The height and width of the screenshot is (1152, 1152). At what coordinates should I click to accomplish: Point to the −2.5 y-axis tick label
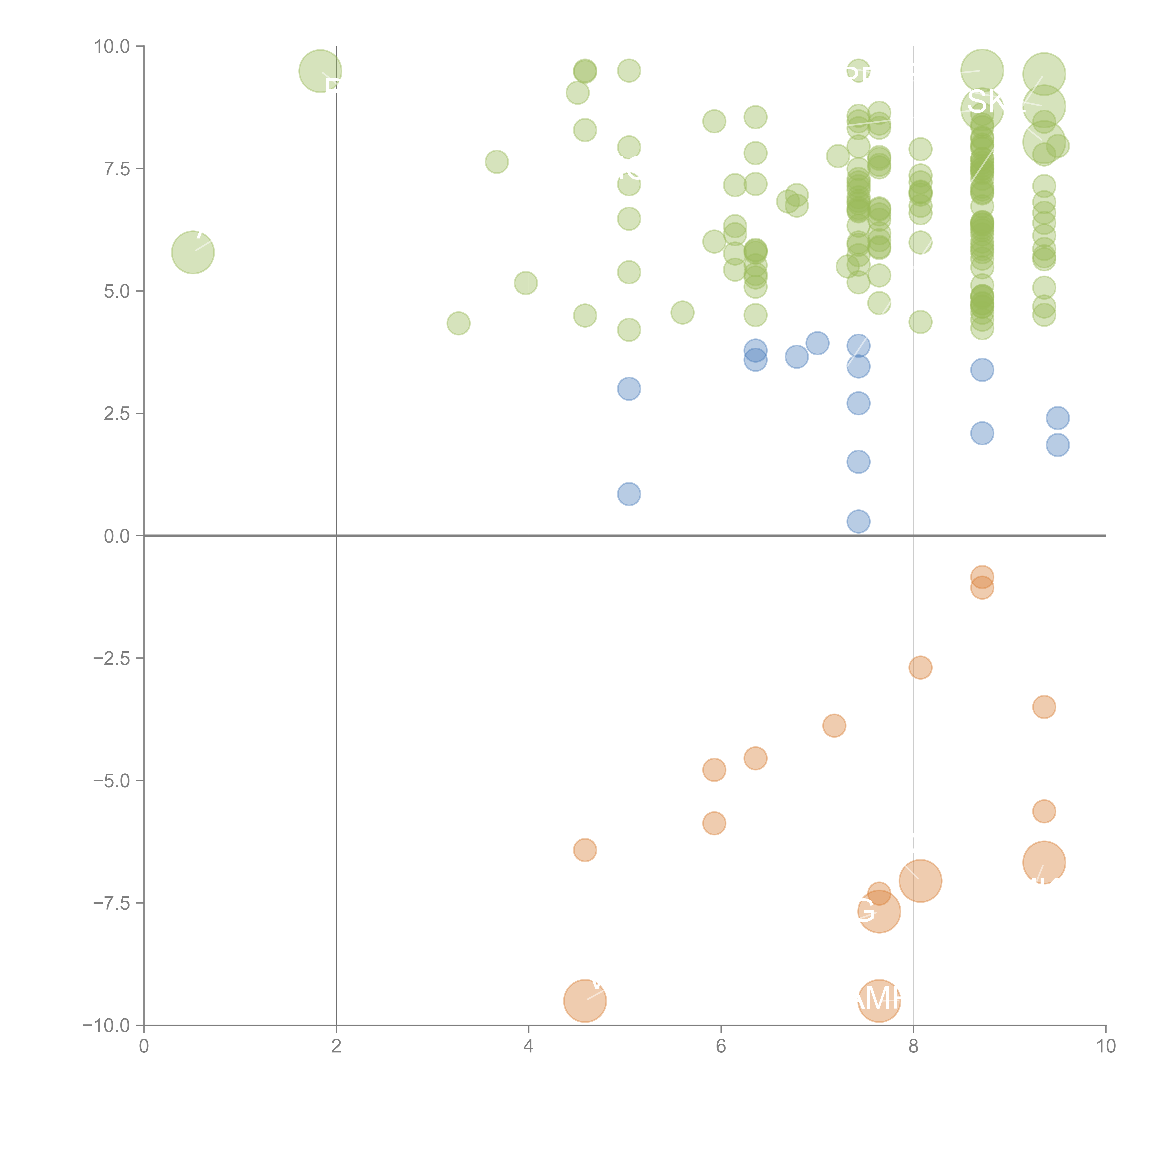click(112, 658)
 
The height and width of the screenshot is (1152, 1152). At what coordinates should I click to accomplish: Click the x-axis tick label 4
click(528, 1046)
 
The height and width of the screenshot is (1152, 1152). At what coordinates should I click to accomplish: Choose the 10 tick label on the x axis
click(1105, 1046)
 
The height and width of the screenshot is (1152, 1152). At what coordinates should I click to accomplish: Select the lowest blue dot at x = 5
click(629, 494)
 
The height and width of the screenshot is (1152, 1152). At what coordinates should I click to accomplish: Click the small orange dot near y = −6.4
click(585, 850)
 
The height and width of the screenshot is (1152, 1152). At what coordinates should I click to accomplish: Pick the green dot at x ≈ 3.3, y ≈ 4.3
click(458, 323)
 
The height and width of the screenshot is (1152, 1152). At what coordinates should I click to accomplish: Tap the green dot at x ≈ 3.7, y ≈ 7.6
click(497, 162)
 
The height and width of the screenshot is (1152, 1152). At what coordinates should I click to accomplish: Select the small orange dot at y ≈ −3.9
click(834, 726)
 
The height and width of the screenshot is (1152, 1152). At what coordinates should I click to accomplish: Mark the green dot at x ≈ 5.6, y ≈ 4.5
click(682, 312)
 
